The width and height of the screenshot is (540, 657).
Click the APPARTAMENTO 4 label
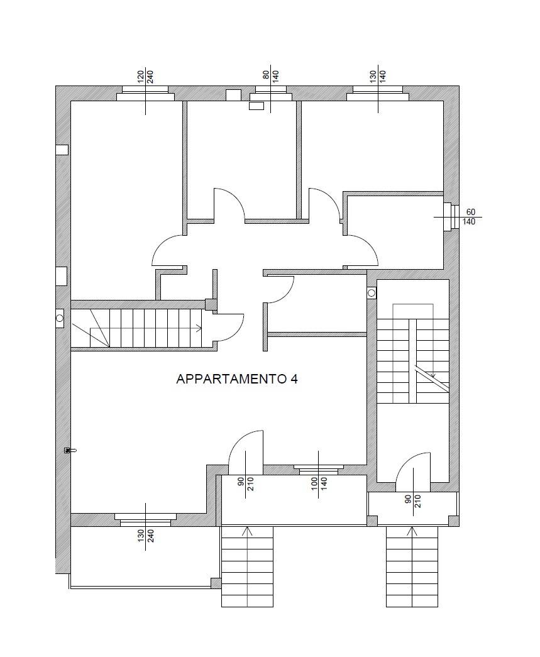(x=237, y=379)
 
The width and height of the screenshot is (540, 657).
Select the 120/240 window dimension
(x=145, y=77)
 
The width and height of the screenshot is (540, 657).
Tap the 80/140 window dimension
(x=270, y=77)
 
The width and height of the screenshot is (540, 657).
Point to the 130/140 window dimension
(x=378, y=77)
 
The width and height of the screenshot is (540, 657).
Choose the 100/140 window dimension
(x=319, y=487)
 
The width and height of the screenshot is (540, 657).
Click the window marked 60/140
(x=448, y=217)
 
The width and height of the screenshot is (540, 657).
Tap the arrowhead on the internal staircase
(x=199, y=328)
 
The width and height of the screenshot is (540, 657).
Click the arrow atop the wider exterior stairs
(x=247, y=531)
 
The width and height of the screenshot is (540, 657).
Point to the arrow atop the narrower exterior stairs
(x=412, y=531)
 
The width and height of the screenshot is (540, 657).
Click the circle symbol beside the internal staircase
(x=60, y=318)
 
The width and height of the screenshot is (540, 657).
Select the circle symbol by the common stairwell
(x=372, y=293)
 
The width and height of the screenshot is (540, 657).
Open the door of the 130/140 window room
(x=324, y=204)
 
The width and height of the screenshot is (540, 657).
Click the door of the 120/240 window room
(x=168, y=250)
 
